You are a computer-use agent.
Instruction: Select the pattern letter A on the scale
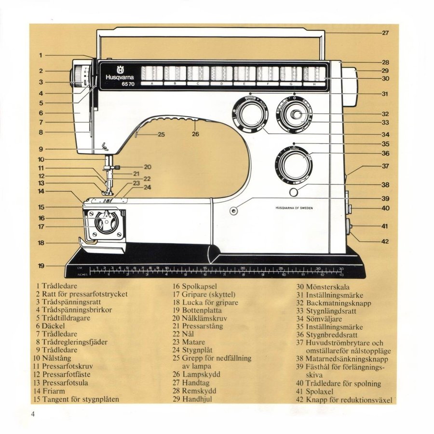tap(152, 84)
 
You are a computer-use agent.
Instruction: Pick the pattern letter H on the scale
tap(315, 84)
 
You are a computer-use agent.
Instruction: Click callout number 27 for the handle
tap(385, 33)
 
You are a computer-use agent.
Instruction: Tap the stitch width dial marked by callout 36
tap(292, 166)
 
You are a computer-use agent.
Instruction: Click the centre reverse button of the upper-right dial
tap(296, 114)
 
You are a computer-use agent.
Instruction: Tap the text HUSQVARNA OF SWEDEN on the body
tap(294, 208)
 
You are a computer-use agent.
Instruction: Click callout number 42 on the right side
tap(385, 241)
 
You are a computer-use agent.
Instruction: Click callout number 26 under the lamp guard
tap(195, 134)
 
